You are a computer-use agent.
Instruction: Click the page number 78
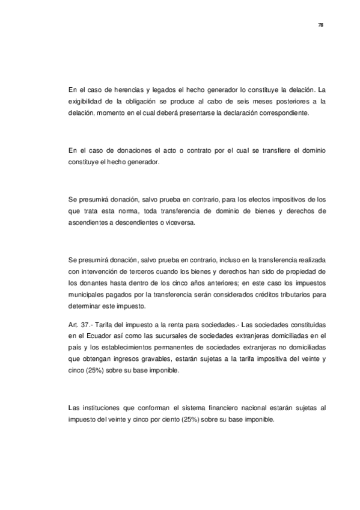tap(320, 25)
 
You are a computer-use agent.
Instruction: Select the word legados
tap(166, 91)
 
